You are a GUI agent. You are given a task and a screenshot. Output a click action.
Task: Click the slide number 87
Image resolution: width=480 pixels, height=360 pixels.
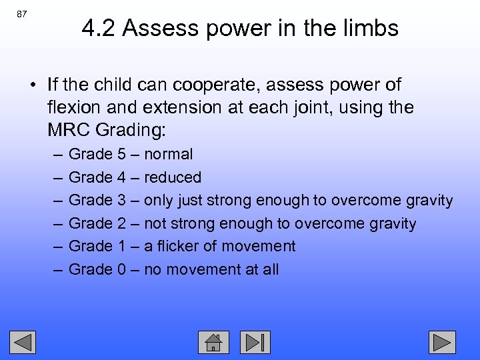pyautogui.click(x=22, y=14)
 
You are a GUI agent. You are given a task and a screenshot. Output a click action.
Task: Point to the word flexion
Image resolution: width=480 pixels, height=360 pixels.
pyautogui.click(x=74, y=107)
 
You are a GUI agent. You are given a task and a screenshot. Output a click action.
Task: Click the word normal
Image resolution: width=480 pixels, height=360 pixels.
pyautogui.click(x=169, y=155)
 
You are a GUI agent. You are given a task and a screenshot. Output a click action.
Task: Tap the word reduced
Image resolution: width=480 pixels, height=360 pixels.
pyautogui.click(x=173, y=177)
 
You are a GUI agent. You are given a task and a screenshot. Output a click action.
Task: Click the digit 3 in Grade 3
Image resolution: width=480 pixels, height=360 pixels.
pyautogui.click(x=121, y=200)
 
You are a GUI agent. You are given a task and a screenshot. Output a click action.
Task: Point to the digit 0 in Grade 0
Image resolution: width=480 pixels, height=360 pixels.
pyautogui.click(x=121, y=269)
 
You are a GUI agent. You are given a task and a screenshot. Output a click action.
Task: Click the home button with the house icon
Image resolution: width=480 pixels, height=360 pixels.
pyautogui.click(x=213, y=342)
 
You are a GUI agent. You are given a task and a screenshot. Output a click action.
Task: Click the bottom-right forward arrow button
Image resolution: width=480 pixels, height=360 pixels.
pyautogui.click(x=442, y=342)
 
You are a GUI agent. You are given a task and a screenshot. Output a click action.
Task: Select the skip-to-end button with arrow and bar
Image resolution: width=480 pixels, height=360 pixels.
pyautogui.click(x=255, y=342)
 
